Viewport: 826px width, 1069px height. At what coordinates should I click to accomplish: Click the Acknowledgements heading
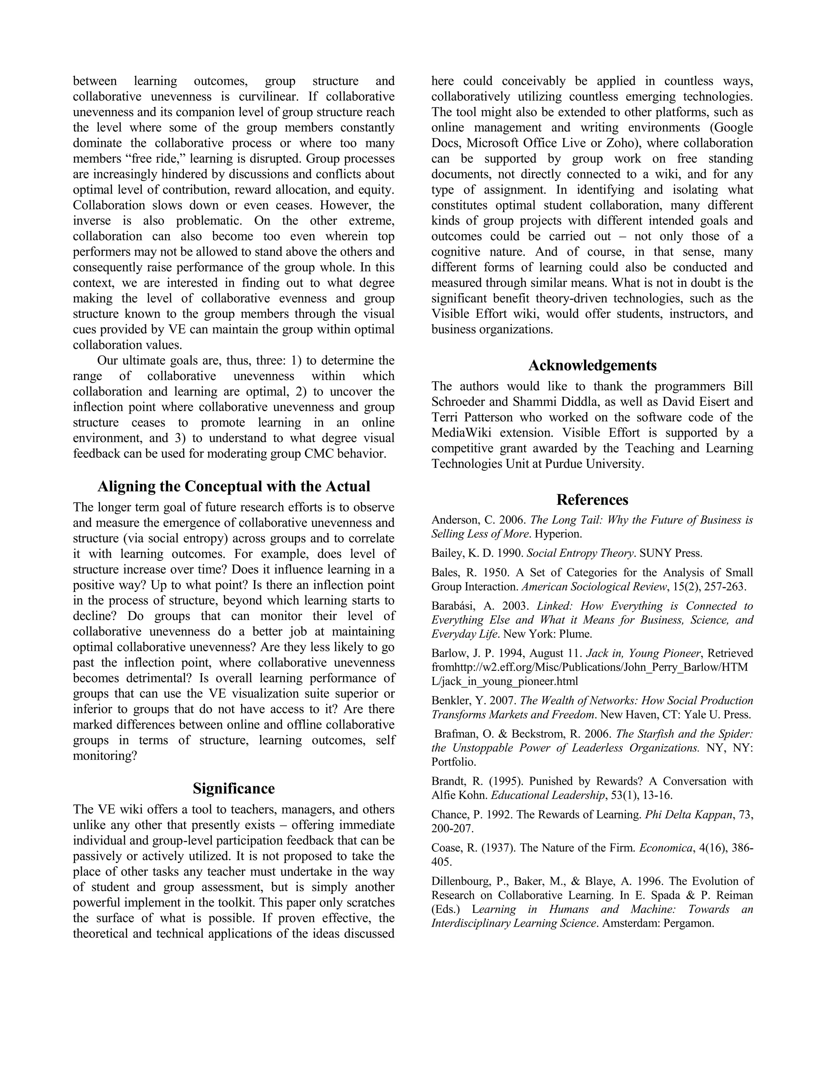(x=592, y=365)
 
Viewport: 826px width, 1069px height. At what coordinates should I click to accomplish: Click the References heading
(x=592, y=500)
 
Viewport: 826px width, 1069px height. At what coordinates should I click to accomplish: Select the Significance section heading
(x=234, y=789)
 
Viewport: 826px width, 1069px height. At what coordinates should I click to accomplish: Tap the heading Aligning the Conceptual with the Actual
(x=234, y=486)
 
